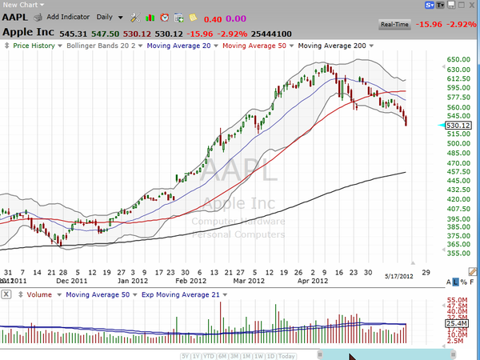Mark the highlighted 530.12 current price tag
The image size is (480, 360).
pyautogui.click(x=458, y=126)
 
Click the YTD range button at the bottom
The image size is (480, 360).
pyautogui.click(x=210, y=355)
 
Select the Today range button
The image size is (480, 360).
pyautogui.click(x=286, y=355)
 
